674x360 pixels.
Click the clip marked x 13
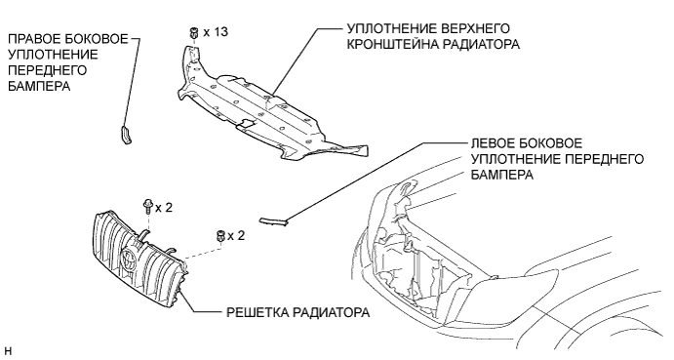pyautogui.click(x=193, y=33)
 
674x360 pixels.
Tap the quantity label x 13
pyautogui.click(x=216, y=32)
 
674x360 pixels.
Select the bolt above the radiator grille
pyautogui.click(x=147, y=207)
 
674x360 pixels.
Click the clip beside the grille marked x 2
pyautogui.click(x=220, y=236)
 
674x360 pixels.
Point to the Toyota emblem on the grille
pyautogui.click(x=129, y=259)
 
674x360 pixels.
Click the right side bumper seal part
pyautogui.click(x=125, y=135)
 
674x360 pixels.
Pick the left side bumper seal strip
pyautogui.click(x=273, y=221)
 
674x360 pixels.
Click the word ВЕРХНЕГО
pyautogui.click(x=475, y=28)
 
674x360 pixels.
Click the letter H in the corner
pyautogui.click(x=9, y=351)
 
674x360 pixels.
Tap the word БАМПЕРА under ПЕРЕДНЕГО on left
pyautogui.click(x=39, y=86)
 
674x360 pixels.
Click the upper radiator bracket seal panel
pyautogui.click(x=266, y=107)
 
